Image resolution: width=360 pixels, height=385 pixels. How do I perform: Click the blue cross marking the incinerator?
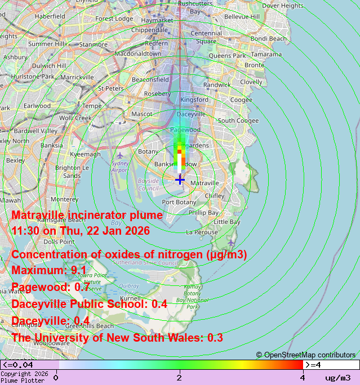pyautogui.click(x=180, y=179)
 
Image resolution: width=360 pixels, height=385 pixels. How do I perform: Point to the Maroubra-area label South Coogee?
pyautogui.click(x=238, y=120)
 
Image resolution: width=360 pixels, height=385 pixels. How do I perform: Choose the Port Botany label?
pyautogui.click(x=179, y=202)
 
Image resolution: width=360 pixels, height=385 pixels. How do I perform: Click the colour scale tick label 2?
pyautogui.click(x=179, y=378)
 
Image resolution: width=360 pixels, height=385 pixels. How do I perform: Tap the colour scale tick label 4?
pyautogui.click(x=303, y=378)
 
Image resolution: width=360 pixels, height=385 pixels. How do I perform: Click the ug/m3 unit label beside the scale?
pyautogui.click(x=337, y=378)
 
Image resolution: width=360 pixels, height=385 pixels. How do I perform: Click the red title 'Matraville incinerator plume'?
pyautogui.click(x=87, y=215)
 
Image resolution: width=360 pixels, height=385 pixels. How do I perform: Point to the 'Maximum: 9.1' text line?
pyautogui.click(x=49, y=270)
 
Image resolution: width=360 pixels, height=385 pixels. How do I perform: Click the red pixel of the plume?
pyautogui.click(x=179, y=151)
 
